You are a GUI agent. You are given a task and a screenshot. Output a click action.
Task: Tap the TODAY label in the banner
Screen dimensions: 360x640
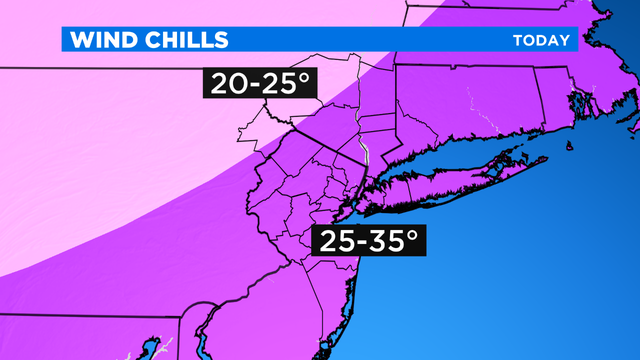coord(541,41)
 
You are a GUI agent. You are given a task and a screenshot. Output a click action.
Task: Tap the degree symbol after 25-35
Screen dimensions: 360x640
coord(409,234)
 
